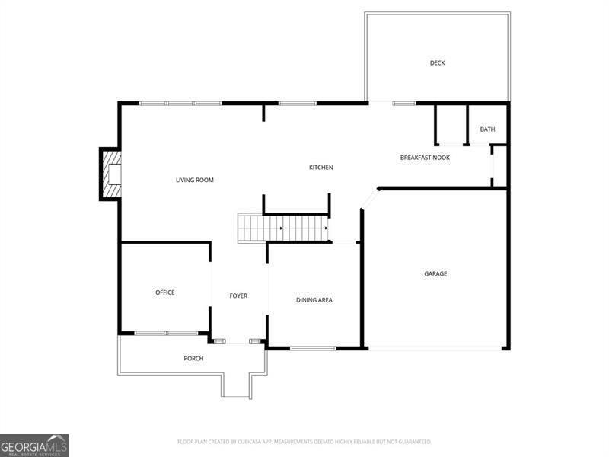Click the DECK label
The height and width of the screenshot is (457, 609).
click(x=437, y=63)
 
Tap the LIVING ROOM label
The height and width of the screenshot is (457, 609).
click(x=195, y=181)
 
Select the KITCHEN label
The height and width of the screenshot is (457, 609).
click(x=320, y=168)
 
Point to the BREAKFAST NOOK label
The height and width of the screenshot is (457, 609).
click(x=425, y=158)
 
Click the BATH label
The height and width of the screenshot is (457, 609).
click(x=487, y=129)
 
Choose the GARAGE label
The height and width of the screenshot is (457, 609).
click(x=435, y=274)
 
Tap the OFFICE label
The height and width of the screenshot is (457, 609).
click(x=165, y=292)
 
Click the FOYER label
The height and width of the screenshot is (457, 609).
click(x=238, y=296)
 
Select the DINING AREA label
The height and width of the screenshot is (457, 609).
click(x=314, y=300)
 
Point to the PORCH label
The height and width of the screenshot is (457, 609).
click(x=193, y=359)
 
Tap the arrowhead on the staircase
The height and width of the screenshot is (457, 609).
click(x=326, y=228)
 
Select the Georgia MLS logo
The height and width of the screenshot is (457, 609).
click(x=34, y=445)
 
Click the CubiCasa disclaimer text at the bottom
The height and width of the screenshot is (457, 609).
click(x=304, y=442)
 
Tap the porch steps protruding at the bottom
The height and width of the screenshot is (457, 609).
click(x=235, y=385)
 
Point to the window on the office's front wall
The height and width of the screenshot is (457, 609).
click(x=166, y=333)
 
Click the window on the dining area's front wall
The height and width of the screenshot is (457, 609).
click(x=313, y=349)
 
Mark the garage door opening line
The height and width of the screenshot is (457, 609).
click(x=435, y=349)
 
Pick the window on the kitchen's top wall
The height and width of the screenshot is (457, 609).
click(x=297, y=103)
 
